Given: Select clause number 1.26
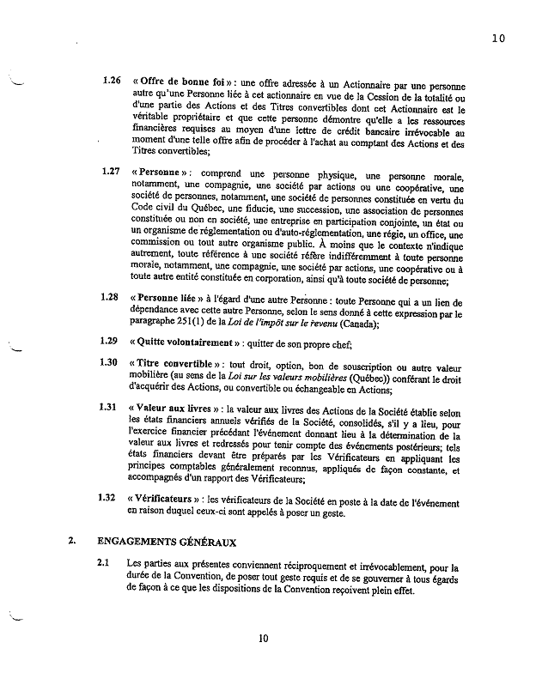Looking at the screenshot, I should pyautogui.click(x=111, y=82).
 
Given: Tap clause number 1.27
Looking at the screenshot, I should pyautogui.click(x=111, y=171).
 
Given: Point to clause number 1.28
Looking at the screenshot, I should pyautogui.click(x=111, y=297).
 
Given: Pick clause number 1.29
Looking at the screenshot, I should pyautogui.click(x=111, y=341).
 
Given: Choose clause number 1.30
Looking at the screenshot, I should pyautogui.click(x=111, y=361).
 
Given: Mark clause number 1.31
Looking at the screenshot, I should pyautogui.click(x=111, y=407).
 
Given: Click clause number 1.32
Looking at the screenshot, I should pyautogui.click(x=111, y=497).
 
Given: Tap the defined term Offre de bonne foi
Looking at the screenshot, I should pyautogui.click(x=180, y=82).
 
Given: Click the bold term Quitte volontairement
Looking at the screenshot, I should pyautogui.click(x=184, y=341).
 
